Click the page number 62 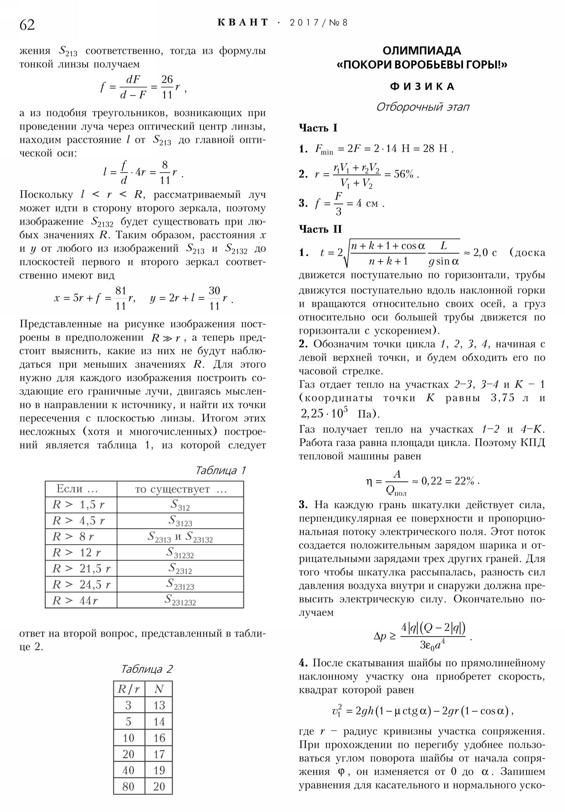click(27, 25)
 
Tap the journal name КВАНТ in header click(243, 23)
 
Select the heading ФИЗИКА click(422, 86)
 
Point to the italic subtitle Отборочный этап click(422, 107)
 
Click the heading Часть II click(320, 229)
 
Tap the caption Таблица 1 click(220, 470)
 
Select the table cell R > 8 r click(73, 537)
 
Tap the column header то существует click(180, 489)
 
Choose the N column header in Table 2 click(159, 689)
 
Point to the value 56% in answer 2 click(403, 174)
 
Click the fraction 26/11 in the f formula click(167, 87)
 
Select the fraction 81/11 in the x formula click(121, 298)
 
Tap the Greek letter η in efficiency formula click(369, 481)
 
